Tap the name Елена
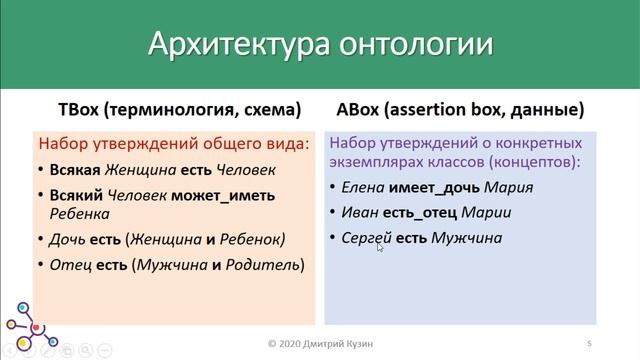363,187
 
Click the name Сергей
366,238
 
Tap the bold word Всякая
75,169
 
